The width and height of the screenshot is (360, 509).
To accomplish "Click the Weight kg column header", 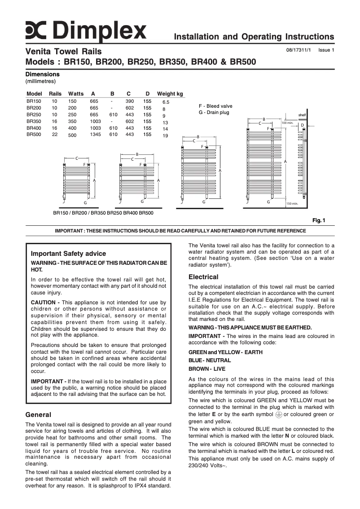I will [x=170, y=94].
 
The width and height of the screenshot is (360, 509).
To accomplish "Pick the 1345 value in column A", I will [x=95, y=134].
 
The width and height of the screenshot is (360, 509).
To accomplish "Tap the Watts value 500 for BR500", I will [x=73, y=135].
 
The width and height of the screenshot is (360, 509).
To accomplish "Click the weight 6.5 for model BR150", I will [x=166, y=102].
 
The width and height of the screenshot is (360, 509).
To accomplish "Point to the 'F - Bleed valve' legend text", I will [x=215, y=106].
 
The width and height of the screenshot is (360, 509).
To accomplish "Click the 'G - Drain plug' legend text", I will [x=214, y=112].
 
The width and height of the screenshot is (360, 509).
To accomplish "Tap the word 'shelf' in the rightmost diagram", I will [x=302, y=115].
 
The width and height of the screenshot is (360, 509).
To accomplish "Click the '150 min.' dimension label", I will [x=292, y=204].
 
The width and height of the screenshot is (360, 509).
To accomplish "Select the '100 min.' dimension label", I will [x=287, y=123].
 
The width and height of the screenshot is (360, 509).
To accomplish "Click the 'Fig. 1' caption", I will [x=318, y=220].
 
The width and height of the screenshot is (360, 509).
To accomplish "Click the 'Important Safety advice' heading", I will [x=68, y=254].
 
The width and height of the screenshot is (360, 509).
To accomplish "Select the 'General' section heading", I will [x=38, y=414].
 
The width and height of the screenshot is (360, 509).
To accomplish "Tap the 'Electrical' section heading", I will [x=203, y=277].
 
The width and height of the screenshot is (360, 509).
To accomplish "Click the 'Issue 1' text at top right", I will [x=326, y=50].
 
